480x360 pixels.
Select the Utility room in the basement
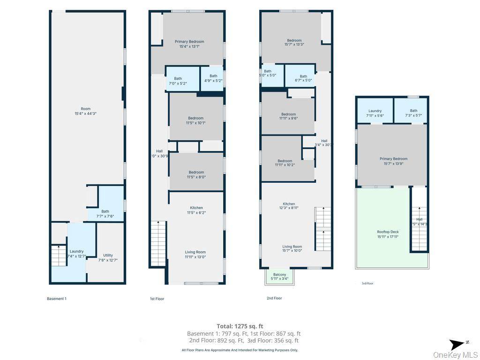(108, 257)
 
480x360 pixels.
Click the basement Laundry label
(76, 254)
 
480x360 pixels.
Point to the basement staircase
(59, 255)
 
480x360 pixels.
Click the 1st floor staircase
(158, 244)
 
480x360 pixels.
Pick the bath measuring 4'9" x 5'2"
(213, 79)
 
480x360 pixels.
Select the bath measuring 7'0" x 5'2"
(178, 81)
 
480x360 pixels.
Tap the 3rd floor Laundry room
(375, 113)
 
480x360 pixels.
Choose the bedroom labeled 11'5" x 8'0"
(196, 174)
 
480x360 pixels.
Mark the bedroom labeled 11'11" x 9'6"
(288, 116)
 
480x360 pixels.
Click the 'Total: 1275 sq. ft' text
(240, 326)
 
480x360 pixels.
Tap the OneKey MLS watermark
(455, 355)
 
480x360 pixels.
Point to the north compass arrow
(457, 345)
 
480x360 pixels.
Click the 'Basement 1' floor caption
(56, 299)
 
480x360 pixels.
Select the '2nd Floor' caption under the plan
(274, 298)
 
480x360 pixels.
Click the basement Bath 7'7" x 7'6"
(105, 213)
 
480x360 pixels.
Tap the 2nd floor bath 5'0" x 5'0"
(268, 73)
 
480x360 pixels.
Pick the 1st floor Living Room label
(195, 254)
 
